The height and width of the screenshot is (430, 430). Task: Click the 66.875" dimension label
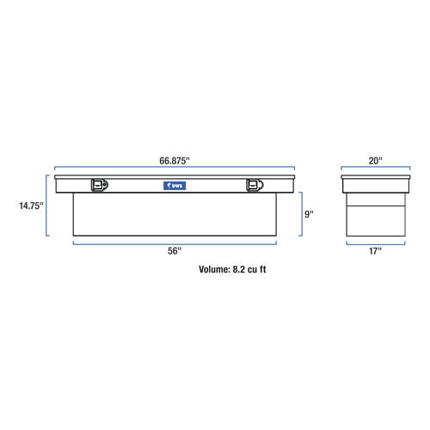coord(175,161)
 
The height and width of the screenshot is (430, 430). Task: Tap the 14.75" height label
coord(31,206)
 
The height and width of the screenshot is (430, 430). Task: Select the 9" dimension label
coord(309,214)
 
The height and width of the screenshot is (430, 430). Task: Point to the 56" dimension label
coord(175,251)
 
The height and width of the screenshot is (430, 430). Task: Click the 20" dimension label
coord(375,161)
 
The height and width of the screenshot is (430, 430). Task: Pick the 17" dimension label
coord(375,251)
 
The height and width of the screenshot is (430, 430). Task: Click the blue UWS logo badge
coord(175,186)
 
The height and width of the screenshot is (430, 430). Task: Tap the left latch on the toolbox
coord(100,185)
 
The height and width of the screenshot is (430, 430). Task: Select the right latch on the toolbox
coord(255,185)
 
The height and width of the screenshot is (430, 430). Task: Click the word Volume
coord(214,269)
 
